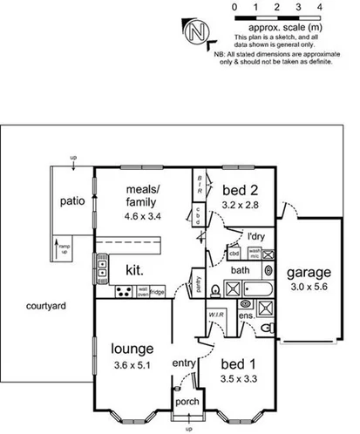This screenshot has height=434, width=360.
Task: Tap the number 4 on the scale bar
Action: click(321, 7)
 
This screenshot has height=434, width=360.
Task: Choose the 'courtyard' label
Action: click(42, 306)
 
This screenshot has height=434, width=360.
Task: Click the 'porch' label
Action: click(187, 403)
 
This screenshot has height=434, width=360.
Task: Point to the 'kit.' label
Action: click(135, 268)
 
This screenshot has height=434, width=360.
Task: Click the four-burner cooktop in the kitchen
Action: click(102, 260)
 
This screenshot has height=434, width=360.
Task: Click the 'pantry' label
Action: click(200, 284)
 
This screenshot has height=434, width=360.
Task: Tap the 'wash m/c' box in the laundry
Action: click(254, 254)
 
